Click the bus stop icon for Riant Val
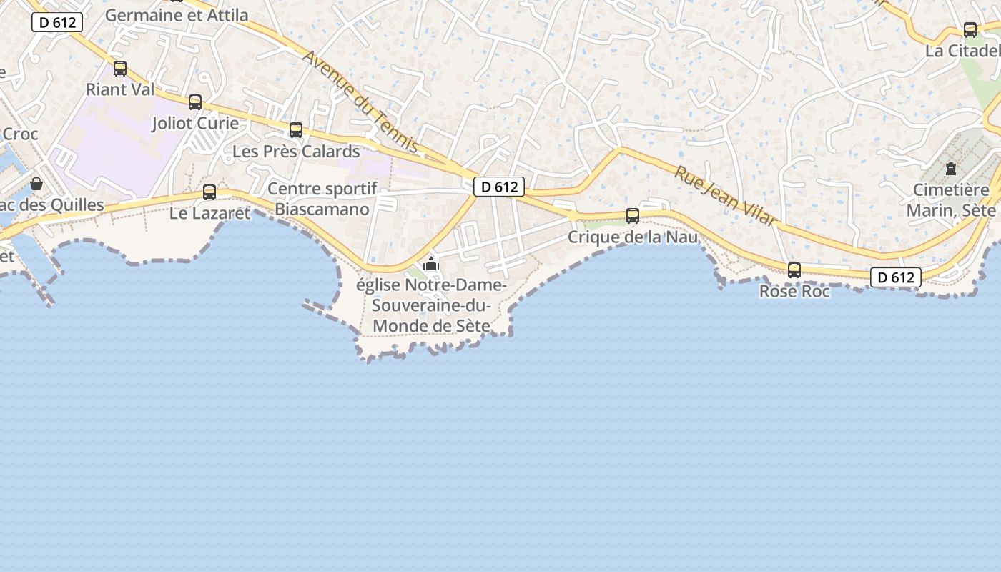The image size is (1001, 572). [x=120, y=69]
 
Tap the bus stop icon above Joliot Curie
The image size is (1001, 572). [x=195, y=102]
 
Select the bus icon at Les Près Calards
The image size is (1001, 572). [x=296, y=130]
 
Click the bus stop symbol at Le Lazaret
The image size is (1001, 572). [x=209, y=192]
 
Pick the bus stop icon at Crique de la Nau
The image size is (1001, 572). [x=633, y=216]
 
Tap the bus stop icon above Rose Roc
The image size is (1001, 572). [x=794, y=270]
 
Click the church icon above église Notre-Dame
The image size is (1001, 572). [x=430, y=264]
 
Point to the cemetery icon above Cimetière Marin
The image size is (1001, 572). [x=951, y=169]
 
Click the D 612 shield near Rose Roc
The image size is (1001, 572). [x=896, y=277]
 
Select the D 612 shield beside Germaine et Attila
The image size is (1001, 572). [x=57, y=22]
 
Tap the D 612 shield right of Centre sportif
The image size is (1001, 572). [x=499, y=187]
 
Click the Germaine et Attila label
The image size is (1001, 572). [x=177, y=15]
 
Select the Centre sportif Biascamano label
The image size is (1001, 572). [x=322, y=199]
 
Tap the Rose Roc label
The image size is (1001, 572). [x=794, y=292]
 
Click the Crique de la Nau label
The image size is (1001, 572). [x=633, y=237]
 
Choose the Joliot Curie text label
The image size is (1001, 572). [x=195, y=123]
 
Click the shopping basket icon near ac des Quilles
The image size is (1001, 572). [x=36, y=184]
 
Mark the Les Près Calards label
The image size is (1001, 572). [x=296, y=152]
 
